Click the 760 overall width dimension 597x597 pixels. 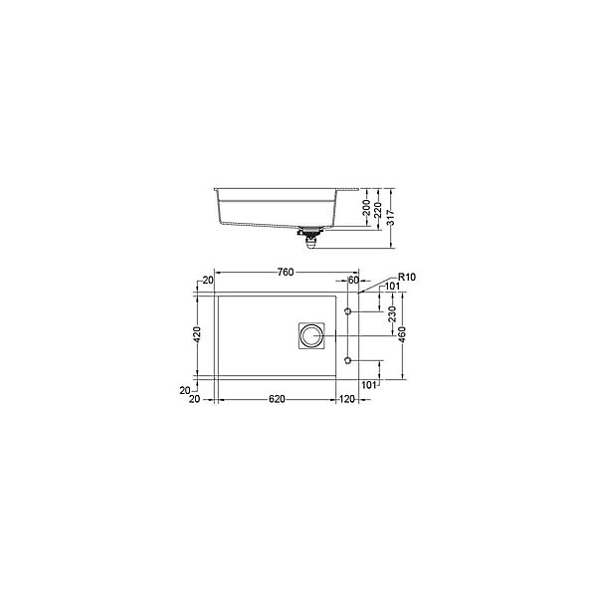[286, 272]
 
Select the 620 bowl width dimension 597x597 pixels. [277, 399]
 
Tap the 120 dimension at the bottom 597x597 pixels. [347, 399]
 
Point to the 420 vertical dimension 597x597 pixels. [197, 334]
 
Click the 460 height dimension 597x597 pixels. [402, 334]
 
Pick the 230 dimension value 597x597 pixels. [393, 314]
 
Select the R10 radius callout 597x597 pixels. [407, 277]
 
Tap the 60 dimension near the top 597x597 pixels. [353, 280]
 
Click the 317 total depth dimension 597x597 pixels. [391, 217]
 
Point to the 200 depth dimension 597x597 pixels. [366, 208]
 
